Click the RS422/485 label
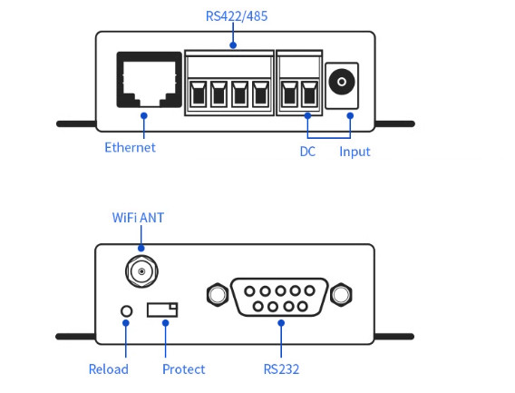point(237,16)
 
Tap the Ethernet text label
point(130,147)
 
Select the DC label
point(307,152)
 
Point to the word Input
point(355,152)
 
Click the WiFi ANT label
point(138,218)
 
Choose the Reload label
point(109,369)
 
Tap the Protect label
point(183,369)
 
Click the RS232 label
point(281,369)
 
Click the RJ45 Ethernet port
point(149,80)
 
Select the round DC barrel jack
point(342,82)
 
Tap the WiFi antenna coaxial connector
point(141,271)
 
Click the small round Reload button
point(126,311)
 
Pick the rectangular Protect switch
point(162,309)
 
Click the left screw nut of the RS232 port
point(218,294)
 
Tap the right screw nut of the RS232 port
point(341,294)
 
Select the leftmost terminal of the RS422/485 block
point(198,94)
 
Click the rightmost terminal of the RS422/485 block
point(260,94)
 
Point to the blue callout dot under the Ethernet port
point(144,116)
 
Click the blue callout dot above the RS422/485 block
point(233,45)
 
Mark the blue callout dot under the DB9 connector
point(281,323)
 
